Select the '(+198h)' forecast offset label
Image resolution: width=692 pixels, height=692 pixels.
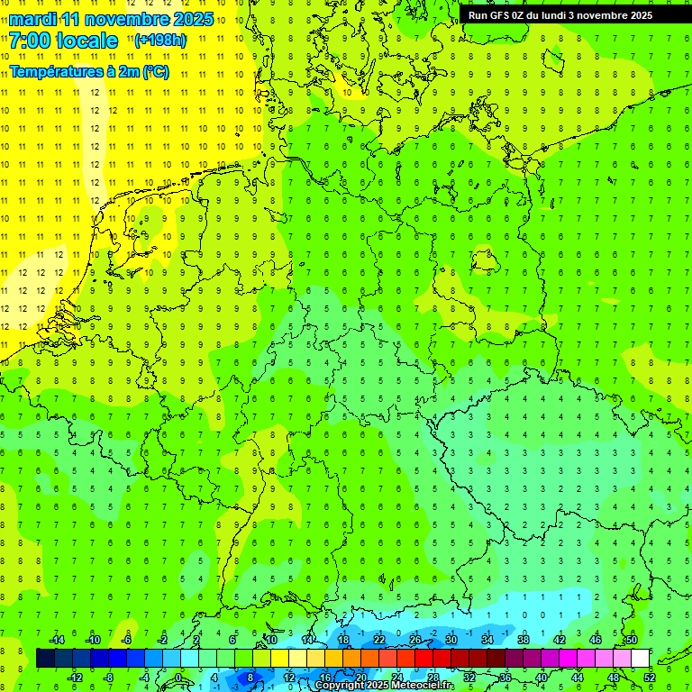[x=159, y=41]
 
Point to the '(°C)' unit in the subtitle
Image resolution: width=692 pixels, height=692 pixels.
[x=156, y=72]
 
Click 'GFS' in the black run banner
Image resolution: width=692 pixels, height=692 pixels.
[x=501, y=15]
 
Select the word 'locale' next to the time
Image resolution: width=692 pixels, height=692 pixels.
[x=86, y=41]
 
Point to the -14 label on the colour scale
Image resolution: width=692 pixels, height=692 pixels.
[x=56, y=640]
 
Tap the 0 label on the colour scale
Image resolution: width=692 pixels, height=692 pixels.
[x=178, y=678]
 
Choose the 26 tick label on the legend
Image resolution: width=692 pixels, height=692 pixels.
[x=414, y=640]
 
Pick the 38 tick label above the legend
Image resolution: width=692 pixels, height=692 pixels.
[x=523, y=640]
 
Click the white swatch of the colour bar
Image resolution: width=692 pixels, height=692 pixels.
[x=640, y=659]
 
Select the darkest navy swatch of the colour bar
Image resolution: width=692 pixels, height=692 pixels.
[x=45, y=659]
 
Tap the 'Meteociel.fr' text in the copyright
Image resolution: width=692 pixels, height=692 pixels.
[x=423, y=686]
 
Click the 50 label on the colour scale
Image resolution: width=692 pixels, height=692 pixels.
[x=631, y=640]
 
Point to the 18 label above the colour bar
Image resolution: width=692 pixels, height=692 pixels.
[x=343, y=640]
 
